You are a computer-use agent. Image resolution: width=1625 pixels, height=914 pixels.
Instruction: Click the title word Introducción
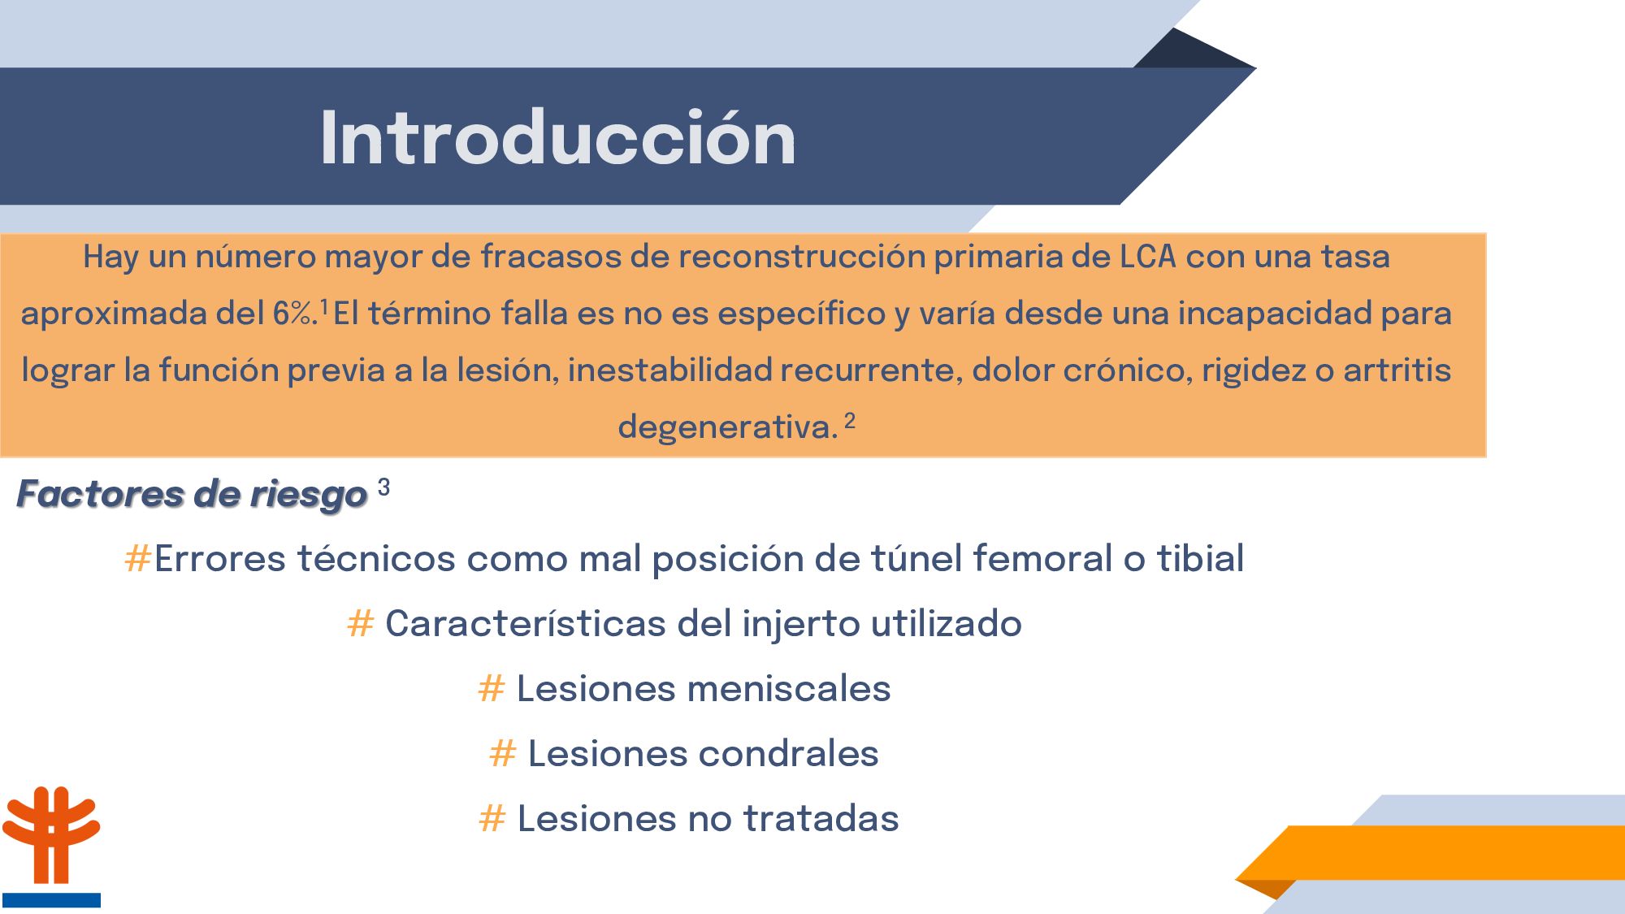coord(558,138)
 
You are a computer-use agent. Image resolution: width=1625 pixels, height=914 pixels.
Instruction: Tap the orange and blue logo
coord(50,846)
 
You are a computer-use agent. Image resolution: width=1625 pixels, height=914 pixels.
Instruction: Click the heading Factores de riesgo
coord(192,495)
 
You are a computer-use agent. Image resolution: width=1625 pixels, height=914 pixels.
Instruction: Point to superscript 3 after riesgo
coord(383,487)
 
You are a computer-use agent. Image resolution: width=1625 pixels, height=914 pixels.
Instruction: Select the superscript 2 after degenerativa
coord(850,421)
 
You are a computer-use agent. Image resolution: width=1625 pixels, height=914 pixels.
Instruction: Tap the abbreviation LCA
coord(1148,257)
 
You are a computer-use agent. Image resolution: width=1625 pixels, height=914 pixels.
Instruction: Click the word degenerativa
coord(727,427)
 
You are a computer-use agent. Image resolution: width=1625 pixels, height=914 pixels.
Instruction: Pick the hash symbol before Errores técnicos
coord(137,559)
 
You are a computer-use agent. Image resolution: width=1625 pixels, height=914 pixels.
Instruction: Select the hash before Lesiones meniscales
coord(492,688)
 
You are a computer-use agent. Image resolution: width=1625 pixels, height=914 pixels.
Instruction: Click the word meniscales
coord(789,689)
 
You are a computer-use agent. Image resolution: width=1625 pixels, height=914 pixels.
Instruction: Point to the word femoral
coord(1042,559)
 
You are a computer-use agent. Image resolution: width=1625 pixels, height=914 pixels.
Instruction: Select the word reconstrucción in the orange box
coord(801,257)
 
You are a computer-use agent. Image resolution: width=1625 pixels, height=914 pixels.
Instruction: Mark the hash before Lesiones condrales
coord(503,753)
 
